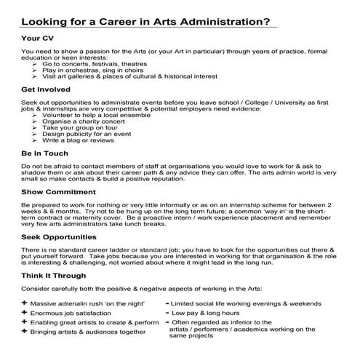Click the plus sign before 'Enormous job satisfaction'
(x=25, y=312)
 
